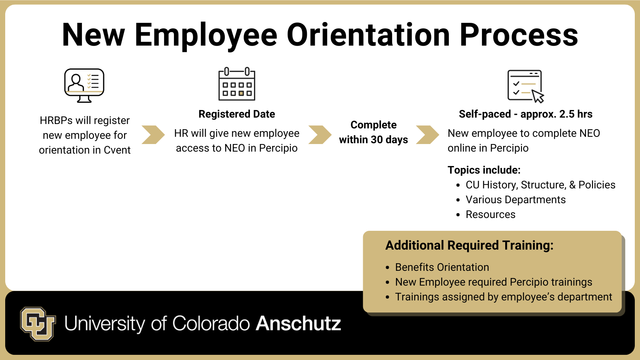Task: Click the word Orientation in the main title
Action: click(x=368, y=35)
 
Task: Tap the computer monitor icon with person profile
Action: click(x=84, y=86)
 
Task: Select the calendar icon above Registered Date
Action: click(x=237, y=84)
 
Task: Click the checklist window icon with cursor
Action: click(x=526, y=86)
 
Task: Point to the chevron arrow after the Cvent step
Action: click(x=154, y=134)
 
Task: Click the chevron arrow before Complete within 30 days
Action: click(x=320, y=134)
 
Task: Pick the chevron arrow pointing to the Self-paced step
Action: click(x=428, y=134)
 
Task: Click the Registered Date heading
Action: click(x=237, y=114)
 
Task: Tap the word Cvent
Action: click(x=117, y=150)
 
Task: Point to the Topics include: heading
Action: click(x=484, y=170)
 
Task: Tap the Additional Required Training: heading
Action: click(x=470, y=246)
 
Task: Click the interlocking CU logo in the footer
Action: click(x=38, y=324)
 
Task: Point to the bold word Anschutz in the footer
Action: click(x=298, y=324)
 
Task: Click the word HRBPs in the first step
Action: click(x=56, y=120)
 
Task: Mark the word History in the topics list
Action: click(x=500, y=185)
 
